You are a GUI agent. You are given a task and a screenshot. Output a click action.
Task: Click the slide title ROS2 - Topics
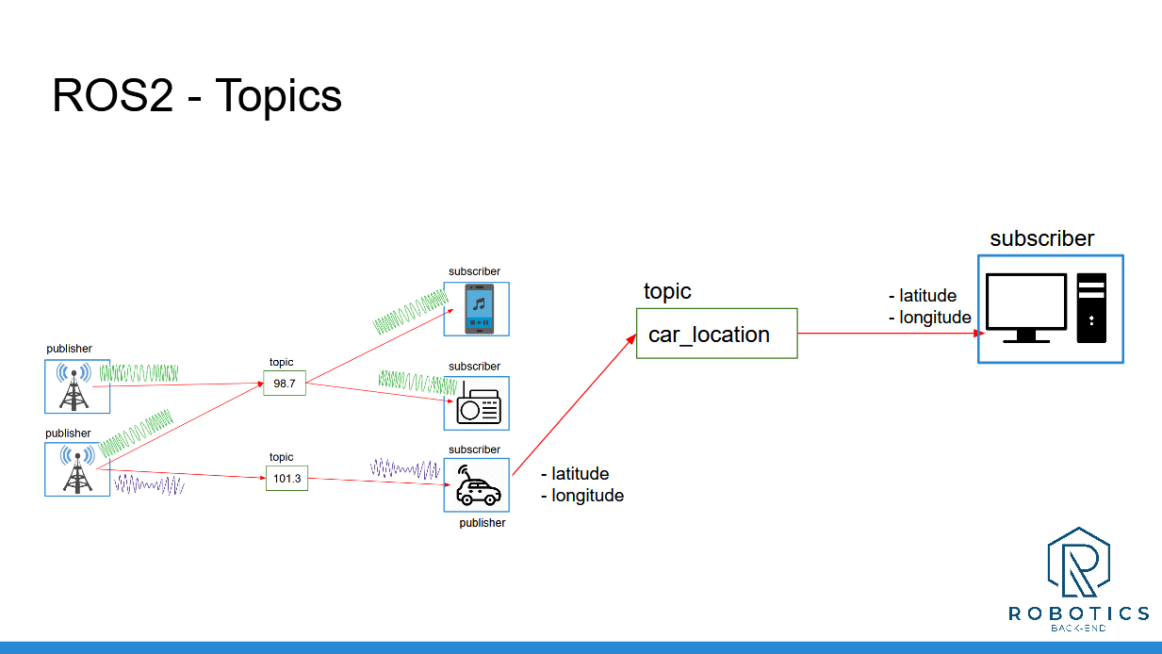197,95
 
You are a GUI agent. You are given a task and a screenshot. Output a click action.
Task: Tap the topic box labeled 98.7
285,383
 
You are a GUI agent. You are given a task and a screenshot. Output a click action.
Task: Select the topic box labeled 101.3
286,479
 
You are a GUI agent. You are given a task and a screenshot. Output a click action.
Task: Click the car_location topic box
716,334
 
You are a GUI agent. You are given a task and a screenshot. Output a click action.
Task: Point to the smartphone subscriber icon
477,309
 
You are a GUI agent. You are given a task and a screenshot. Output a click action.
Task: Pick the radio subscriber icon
477,404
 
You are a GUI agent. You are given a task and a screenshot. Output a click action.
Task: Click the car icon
477,485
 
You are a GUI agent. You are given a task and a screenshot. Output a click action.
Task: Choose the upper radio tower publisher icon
77,386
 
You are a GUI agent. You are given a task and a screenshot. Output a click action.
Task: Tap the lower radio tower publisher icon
77,470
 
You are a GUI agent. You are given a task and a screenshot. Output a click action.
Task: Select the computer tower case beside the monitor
1092,307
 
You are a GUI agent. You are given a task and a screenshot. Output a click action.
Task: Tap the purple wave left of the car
405,468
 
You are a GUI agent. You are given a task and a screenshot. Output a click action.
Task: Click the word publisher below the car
482,523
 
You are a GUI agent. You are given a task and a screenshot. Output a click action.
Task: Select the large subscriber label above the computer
1041,238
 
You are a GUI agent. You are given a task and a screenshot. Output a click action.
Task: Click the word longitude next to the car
587,496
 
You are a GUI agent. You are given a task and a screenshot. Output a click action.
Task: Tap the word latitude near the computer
927,296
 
